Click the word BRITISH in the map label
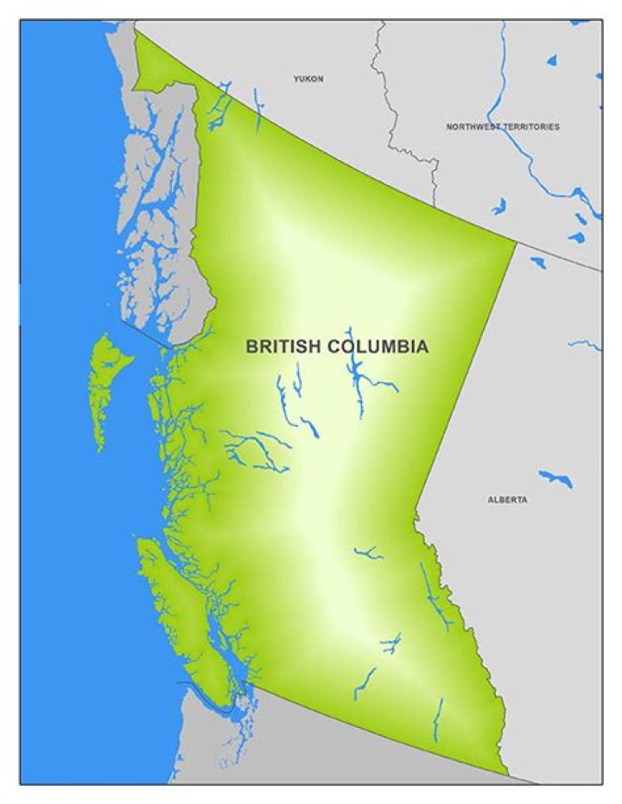click(282, 347)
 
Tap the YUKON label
click(308, 79)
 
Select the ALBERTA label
click(507, 500)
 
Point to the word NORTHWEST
click(473, 127)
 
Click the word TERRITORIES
click(531, 127)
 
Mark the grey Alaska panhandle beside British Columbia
click(164, 199)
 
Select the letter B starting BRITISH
click(251, 347)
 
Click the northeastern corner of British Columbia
click(517, 243)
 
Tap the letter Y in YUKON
click(296, 79)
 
